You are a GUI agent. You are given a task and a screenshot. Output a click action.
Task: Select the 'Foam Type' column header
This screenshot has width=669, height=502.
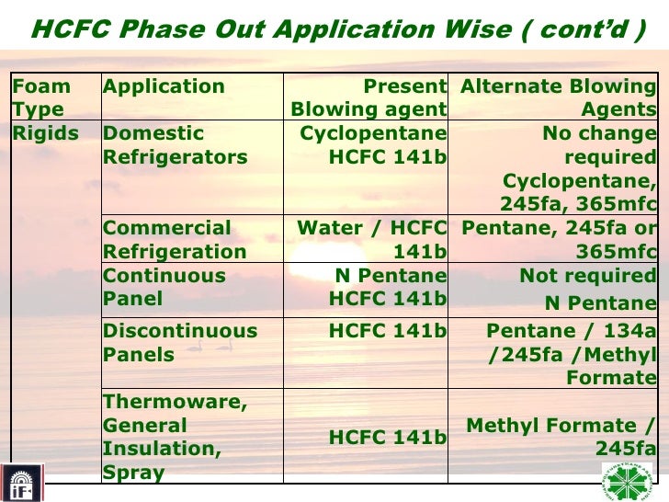[x=40, y=98]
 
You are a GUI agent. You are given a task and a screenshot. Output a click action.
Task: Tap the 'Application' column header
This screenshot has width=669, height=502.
[x=164, y=87]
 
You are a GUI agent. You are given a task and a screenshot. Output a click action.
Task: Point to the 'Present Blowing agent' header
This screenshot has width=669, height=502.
[x=369, y=98]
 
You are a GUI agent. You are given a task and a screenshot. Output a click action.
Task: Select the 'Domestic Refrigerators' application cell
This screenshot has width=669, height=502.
[x=175, y=145]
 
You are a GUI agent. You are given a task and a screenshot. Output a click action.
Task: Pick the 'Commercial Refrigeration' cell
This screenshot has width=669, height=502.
[x=175, y=239]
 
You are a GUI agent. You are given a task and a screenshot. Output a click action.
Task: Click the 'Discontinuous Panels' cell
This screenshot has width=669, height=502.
[x=180, y=342]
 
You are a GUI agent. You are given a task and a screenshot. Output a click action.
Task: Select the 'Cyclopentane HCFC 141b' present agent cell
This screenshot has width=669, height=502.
[x=373, y=145]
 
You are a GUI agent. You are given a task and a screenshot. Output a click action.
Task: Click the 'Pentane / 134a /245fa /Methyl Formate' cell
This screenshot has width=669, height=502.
[x=571, y=354]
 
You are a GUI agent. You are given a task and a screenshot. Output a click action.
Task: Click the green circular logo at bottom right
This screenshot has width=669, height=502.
[x=627, y=481]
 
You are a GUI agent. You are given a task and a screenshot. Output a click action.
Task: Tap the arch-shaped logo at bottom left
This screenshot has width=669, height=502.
[x=18, y=482]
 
